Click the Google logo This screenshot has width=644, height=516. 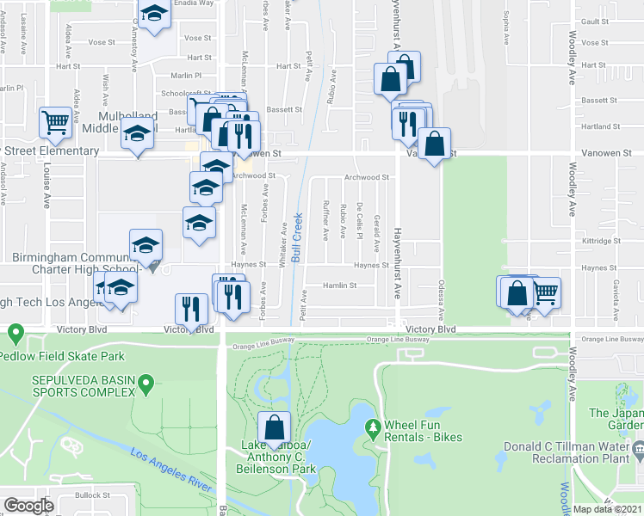click(x=28, y=506)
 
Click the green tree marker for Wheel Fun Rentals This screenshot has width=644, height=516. click(x=373, y=426)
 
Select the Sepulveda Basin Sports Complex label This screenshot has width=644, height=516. click(x=70, y=388)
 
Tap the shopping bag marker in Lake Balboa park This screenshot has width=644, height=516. click(x=275, y=427)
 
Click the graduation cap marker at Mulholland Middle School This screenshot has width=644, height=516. click(x=137, y=136)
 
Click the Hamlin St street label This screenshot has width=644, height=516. click(x=341, y=286)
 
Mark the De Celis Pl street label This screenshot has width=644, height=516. click(x=359, y=215)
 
